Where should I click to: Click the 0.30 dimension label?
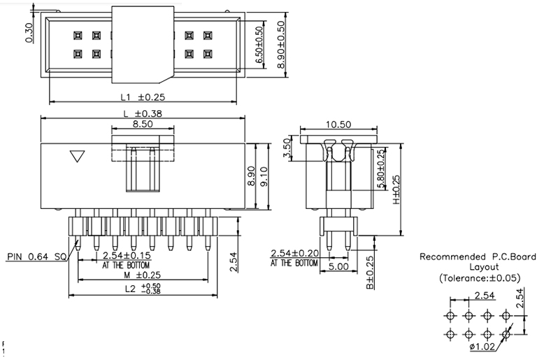[29, 31]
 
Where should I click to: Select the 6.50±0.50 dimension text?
[260, 45]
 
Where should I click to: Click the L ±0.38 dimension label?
[143, 113]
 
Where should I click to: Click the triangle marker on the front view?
[78, 157]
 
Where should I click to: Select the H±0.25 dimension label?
[396, 190]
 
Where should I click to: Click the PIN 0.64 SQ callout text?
[37, 257]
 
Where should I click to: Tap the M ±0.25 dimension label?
[143, 275]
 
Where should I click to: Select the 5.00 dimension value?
[339, 266]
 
